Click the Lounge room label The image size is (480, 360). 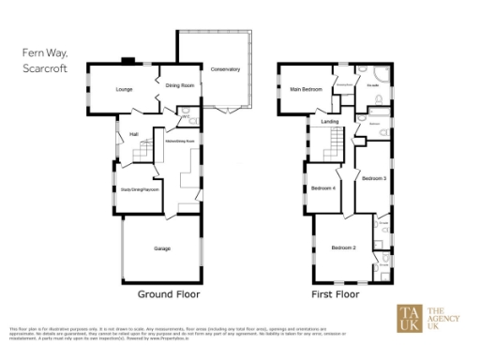click(124, 89)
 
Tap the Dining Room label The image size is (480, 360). click(180, 85)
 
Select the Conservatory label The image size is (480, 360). click(225, 70)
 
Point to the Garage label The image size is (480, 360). click(161, 248)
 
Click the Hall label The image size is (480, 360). click(134, 133)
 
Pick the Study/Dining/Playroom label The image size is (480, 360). click(140, 188)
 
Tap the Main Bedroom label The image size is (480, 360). click(307, 89)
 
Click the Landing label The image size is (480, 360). click(329, 122)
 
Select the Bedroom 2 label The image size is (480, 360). click(343, 247)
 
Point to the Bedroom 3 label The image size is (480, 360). click(374, 177)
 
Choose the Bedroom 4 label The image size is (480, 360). click(323, 188)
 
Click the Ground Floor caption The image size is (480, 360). click(169, 293)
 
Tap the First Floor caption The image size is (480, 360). click(336, 293)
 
